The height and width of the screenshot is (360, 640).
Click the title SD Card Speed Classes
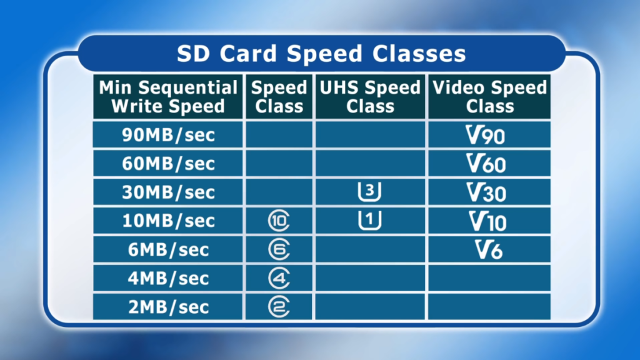point(321,54)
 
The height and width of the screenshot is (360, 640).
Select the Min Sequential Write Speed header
point(168,97)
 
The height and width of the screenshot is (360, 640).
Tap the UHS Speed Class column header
point(370,97)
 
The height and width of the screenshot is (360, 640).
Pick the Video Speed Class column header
point(489,97)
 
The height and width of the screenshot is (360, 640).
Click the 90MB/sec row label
point(168,135)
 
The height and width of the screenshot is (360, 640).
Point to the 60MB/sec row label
point(168,164)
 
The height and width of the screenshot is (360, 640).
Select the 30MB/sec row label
point(168,192)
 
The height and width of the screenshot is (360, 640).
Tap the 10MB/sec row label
point(168,221)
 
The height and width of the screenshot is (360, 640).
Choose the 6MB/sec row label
point(168,249)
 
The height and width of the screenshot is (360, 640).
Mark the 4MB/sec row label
point(168,278)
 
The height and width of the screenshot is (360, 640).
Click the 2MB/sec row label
point(168,307)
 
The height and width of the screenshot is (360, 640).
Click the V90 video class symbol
point(485,135)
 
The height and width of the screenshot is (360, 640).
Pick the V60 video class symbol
point(486,164)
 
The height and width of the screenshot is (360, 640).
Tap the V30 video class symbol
point(486,192)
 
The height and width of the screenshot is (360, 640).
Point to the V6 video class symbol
point(489,249)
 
